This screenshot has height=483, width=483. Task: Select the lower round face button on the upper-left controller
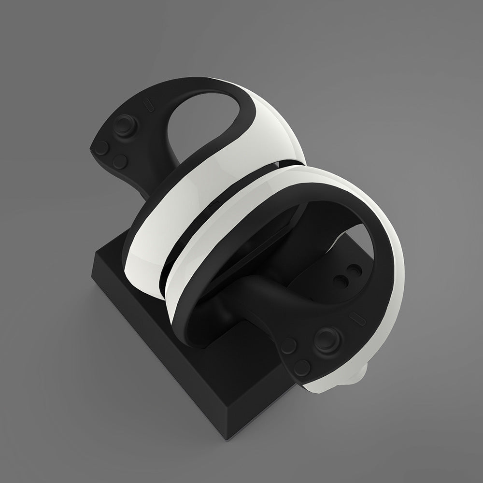[121, 161]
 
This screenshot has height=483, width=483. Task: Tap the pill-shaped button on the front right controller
[356, 318]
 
